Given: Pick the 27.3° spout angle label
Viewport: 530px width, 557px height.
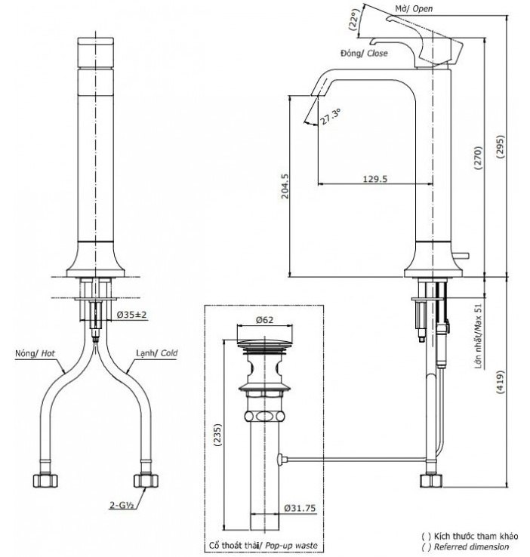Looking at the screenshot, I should click(x=330, y=118).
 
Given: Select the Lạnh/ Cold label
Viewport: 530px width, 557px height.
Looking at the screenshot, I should click(x=156, y=352).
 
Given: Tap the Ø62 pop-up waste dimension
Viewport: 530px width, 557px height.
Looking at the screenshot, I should click(x=264, y=320).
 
